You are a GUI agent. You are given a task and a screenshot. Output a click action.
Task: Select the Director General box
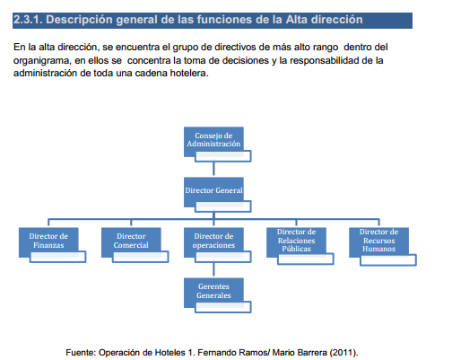(213, 190)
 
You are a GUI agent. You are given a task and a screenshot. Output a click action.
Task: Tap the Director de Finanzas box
(48, 241)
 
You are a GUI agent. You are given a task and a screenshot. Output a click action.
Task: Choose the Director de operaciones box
(213, 241)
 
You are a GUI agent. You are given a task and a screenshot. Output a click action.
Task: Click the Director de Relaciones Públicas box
(296, 240)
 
